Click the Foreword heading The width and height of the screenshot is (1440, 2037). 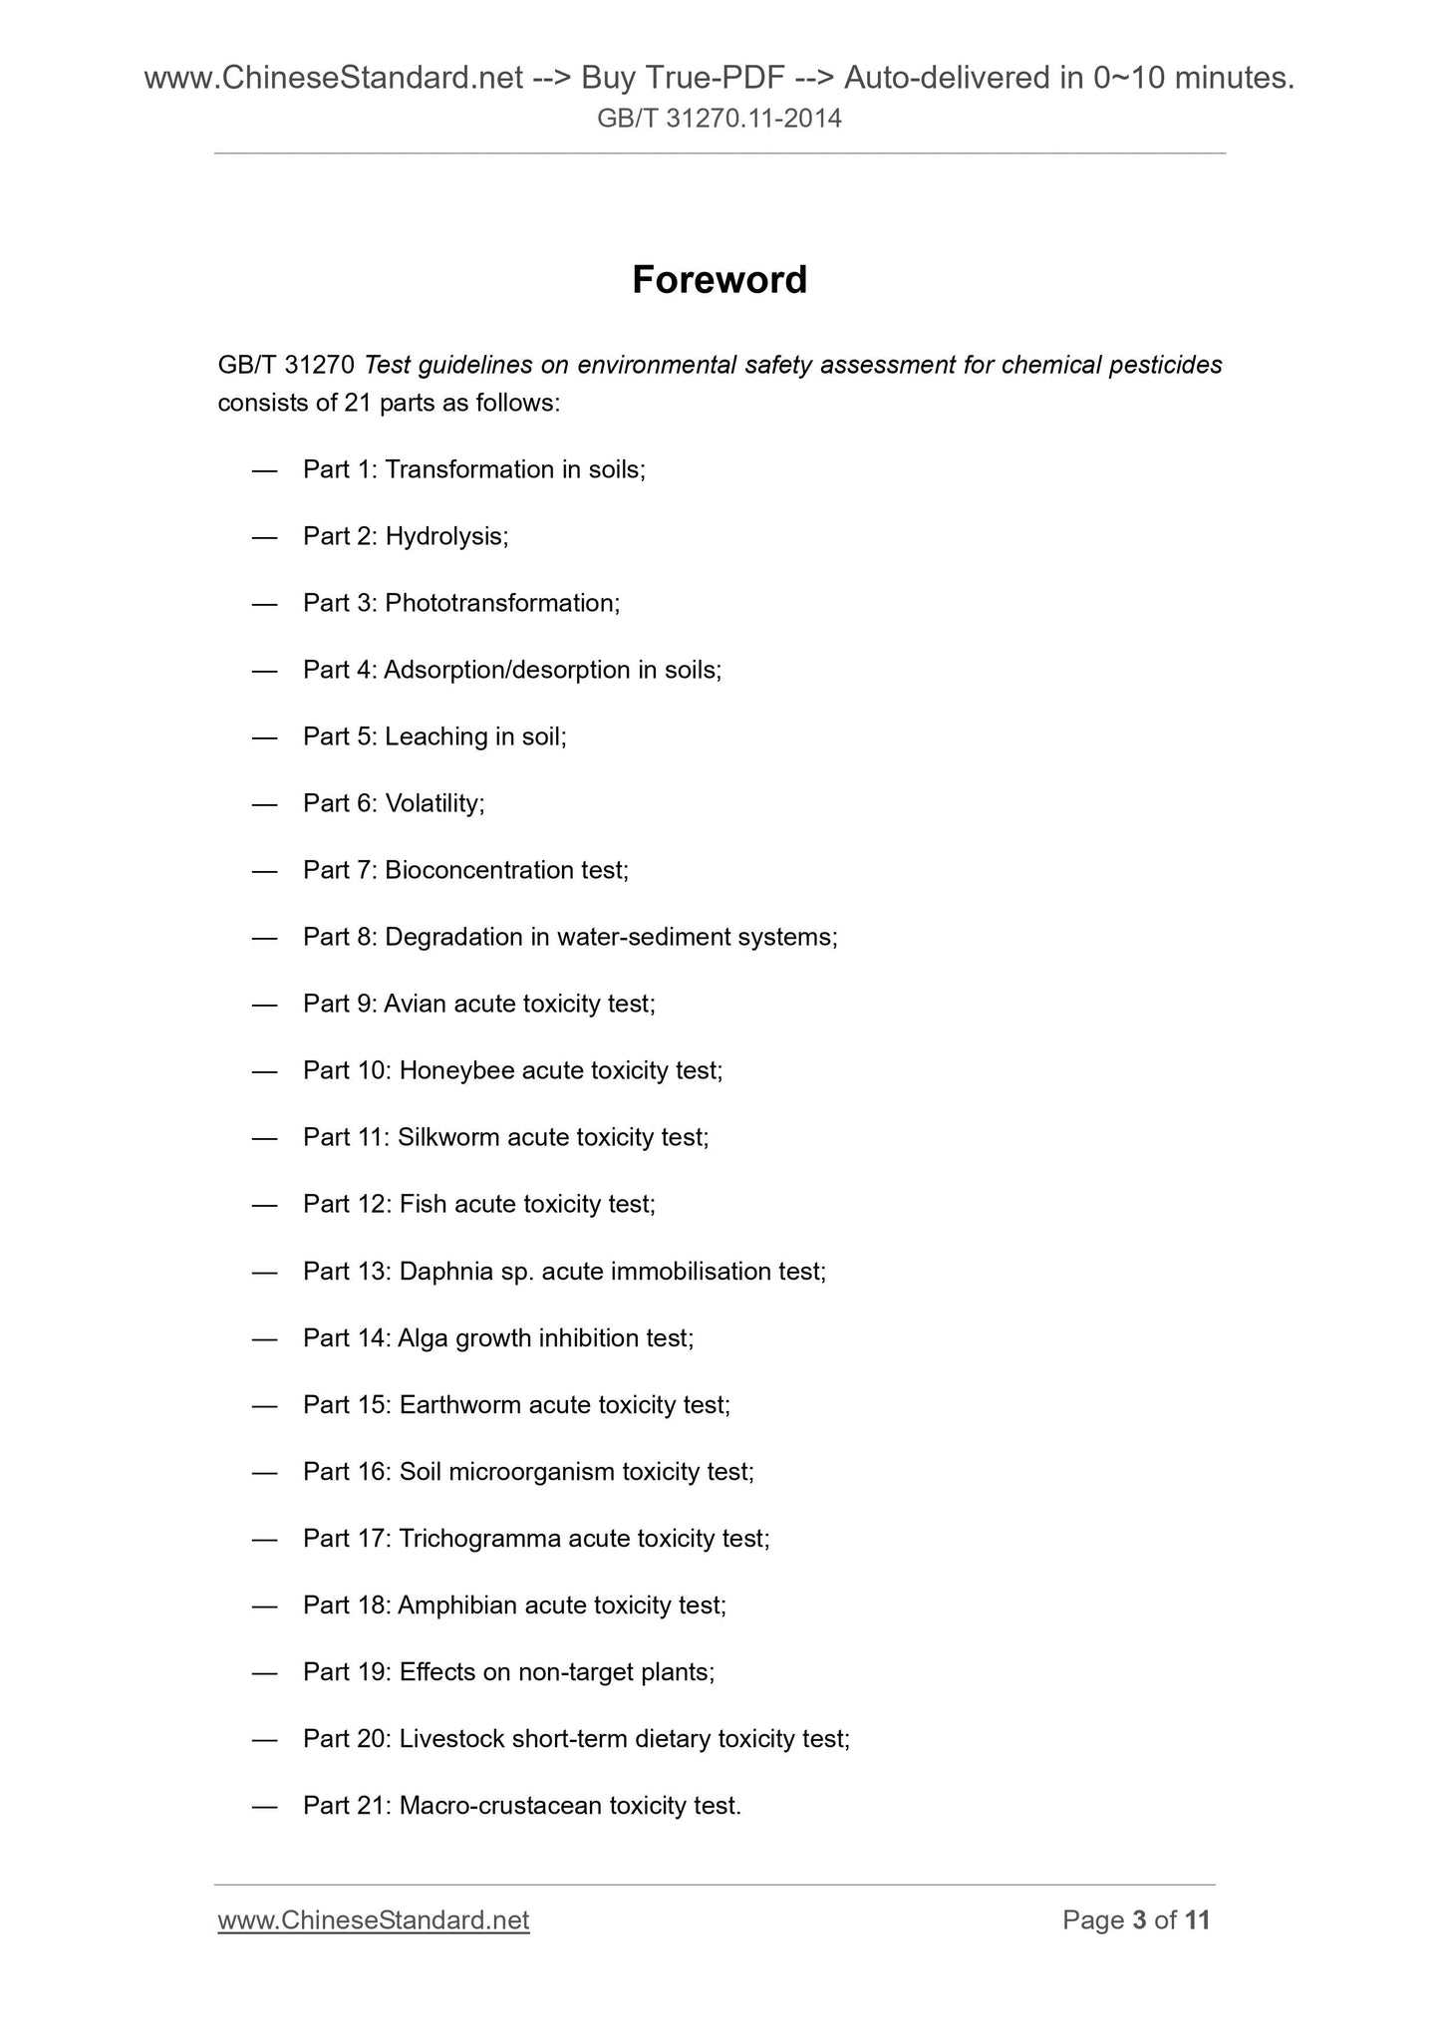pos(720,280)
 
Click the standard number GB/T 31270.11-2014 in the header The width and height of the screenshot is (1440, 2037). pos(720,120)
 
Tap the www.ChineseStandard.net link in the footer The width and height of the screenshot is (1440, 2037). pos(373,1919)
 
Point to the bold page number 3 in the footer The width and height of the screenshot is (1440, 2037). pos(1140,1919)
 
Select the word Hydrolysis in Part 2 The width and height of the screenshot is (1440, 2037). pos(445,536)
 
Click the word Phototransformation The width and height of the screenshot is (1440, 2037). pos(501,603)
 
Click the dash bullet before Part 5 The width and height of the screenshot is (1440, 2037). pos(264,736)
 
